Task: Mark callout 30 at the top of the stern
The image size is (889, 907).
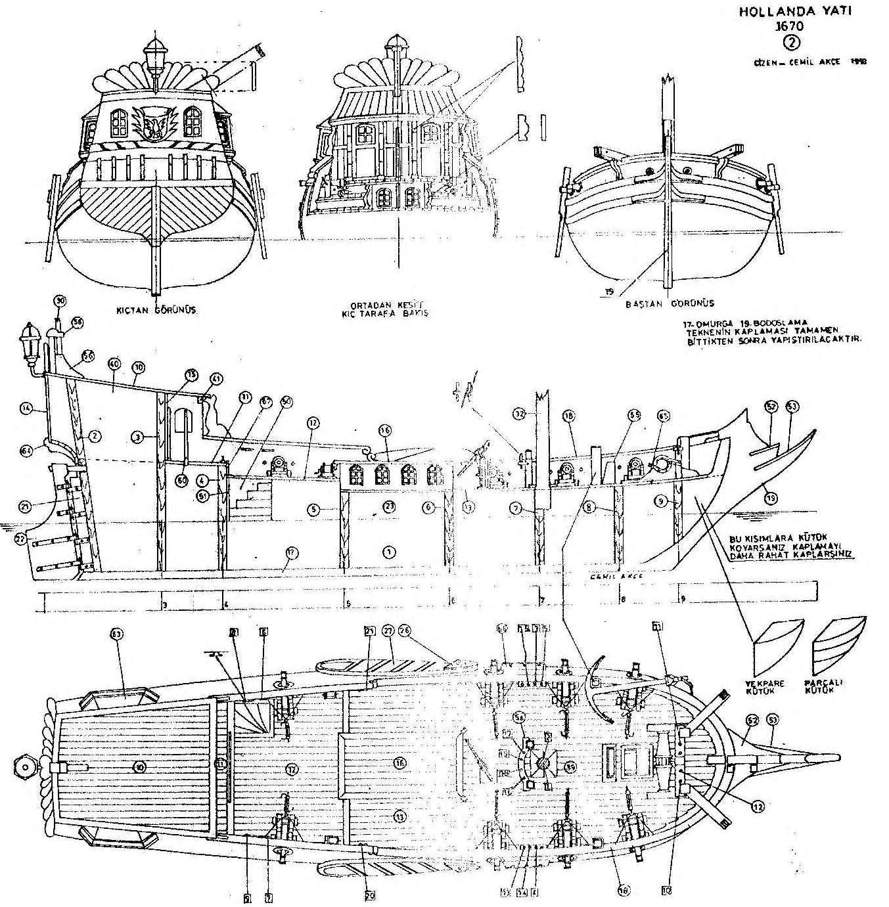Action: click(x=60, y=301)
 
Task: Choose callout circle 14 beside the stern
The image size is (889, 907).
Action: click(x=26, y=408)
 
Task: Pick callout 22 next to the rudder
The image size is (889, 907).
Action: click(x=22, y=539)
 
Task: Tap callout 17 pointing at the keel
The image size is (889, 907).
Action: click(x=288, y=554)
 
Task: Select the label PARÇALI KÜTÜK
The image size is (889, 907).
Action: click(x=830, y=686)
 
